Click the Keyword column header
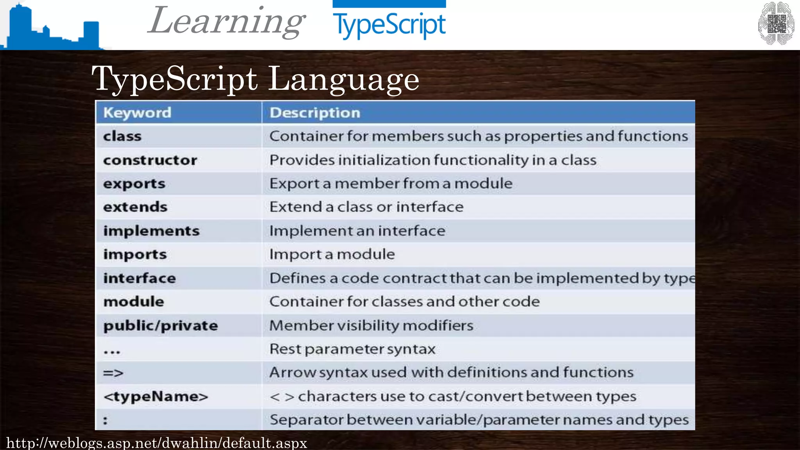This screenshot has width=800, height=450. click(137, 113)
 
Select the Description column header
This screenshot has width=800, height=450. click(315, 113)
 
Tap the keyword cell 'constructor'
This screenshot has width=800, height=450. click(150, 160)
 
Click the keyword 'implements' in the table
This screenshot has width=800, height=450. click(151, 231)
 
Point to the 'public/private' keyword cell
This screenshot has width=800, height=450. click(161, 325)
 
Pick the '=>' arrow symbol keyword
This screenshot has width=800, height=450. click(113, 373)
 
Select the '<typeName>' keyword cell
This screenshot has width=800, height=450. click(155, 396)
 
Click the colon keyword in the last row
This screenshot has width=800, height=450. click(105, 421)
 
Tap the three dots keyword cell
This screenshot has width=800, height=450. click(112, 351)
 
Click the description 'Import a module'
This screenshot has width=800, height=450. click(332, 254)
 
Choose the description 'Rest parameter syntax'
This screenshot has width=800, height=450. click(352, 349)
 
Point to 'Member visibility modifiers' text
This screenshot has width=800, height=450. click(371, 325)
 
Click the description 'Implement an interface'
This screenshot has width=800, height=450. click(357, 231)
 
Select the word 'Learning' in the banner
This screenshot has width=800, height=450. click(227, 21)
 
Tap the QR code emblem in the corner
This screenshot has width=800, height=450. click(776, 23)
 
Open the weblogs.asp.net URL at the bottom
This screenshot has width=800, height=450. click(157, 443)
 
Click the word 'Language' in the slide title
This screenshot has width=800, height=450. click(343, 79)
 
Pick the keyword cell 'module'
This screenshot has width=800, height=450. click(134, 302)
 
